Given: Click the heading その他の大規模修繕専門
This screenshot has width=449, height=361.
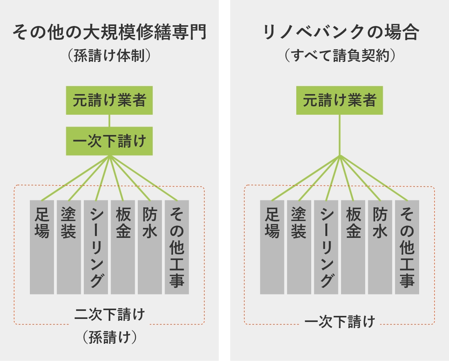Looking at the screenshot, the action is pyautogui.click(x=109, y=32).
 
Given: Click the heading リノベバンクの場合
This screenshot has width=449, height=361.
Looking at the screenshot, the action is pyautogui.click(x=341, y=32).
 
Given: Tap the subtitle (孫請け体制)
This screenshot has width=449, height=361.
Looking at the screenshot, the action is pyautogui.click(x=109, y=55).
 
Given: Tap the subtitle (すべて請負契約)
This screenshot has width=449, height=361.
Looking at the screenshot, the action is pyautogui.click(x=340, y=55).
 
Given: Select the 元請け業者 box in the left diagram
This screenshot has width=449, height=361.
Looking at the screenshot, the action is pyautogui.click(x=109, y=101).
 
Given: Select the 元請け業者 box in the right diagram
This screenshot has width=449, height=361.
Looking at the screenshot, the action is pyautogui.click(x=340, y=101).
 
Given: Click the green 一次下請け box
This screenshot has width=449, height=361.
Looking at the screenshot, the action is pyautogui.click(x=109, y=141).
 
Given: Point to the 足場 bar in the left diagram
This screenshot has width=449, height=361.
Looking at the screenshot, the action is pyautogui.click(x=42, y=247).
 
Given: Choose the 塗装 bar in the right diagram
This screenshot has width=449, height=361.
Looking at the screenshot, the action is pyautogui.click(x=299, y=247).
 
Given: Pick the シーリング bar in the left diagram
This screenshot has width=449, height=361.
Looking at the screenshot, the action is pyautogui.click(x=96, y=247).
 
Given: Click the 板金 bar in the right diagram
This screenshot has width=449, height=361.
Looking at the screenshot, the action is pyautogui.click(x=353, y=247).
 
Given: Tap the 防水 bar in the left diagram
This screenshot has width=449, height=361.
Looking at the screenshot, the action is pyautogui.click(x=150, y=247).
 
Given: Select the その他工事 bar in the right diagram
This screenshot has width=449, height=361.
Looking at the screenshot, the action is pyautogui.click(x=407, y=247).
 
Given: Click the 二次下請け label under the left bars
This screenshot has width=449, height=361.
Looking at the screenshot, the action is pyautogui.click(x=110, y=315).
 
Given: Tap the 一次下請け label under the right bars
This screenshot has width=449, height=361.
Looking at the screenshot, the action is pyautogui.click(x=340, y=322).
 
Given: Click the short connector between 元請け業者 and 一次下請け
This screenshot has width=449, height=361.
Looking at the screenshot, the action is pyautogui.click(x=109, y=121).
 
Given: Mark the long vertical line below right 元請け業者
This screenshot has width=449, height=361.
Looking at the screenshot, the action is pyautogui.click(x=340, y=135).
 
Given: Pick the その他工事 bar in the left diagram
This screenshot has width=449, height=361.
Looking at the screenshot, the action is pyautogui.click(x=177, y=247).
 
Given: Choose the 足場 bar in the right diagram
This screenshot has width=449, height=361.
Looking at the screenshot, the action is pyautogui.click(x=272, y=247).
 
